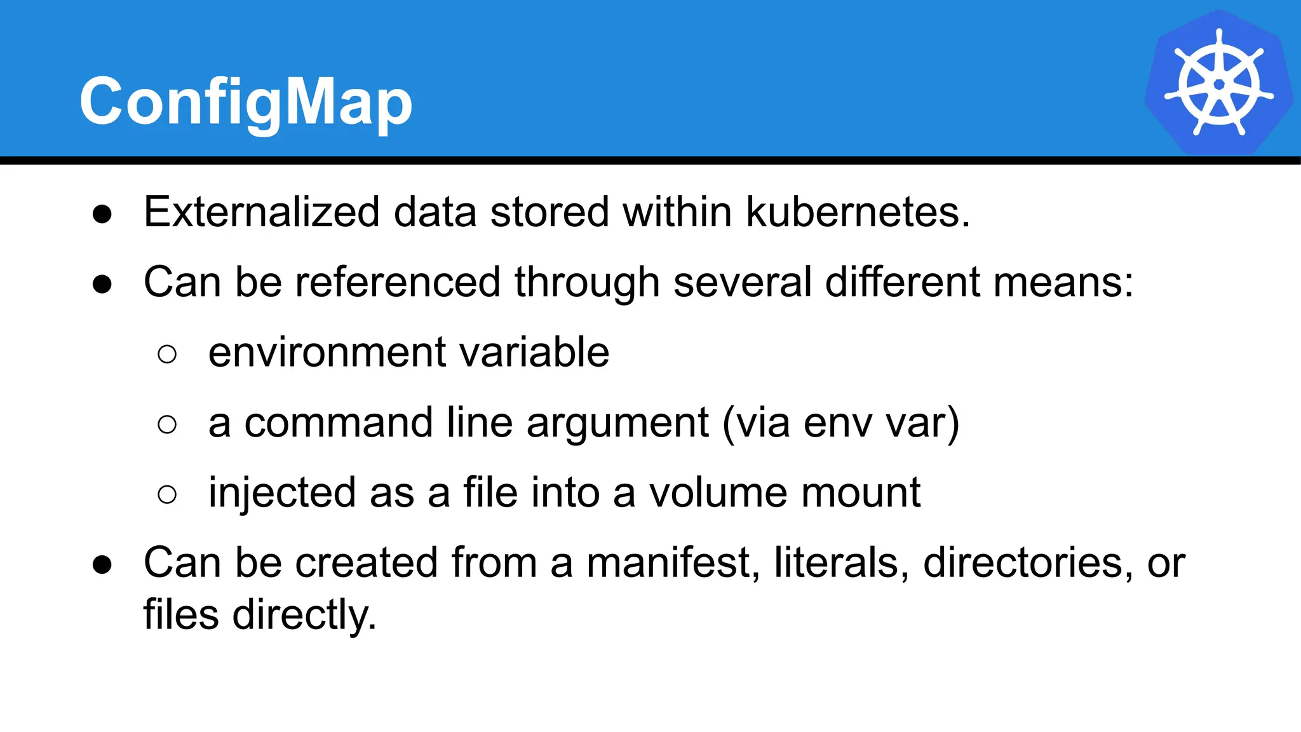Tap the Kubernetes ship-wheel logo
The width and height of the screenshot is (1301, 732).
[1218, 83]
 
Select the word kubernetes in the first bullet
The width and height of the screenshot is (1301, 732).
[858, 212]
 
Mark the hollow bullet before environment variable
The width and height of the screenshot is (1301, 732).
[167, 354]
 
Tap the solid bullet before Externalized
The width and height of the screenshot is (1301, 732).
[102, 213]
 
